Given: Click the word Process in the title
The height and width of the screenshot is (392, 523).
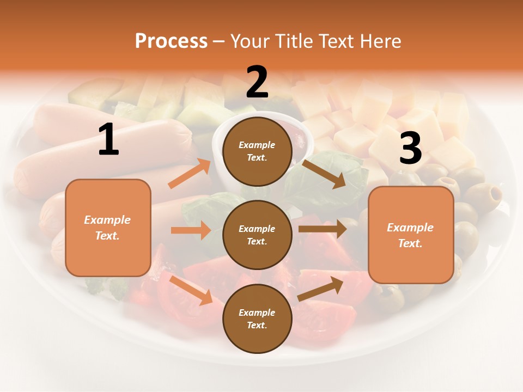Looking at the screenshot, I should pyautogui.click(x=171, y=41).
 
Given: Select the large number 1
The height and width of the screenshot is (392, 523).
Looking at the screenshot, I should pyautogui.click(x=108, y=140).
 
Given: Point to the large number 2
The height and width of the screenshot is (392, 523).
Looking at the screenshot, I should pyautogui.click(x=257, y=82).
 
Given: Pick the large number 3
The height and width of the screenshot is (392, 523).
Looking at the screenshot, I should pyautogui.click(x=410, y=148).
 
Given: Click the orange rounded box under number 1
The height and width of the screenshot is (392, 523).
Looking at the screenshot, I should pyautogui.click(x=108, y=228).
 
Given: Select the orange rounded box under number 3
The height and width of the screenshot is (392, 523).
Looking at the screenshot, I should pyautogui.click(x=411, y=235).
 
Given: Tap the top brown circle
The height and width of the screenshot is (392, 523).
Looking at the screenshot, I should pyautogui.click(x=257, y=151).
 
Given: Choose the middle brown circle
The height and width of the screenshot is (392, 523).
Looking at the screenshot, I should pyautogui.click(x=257, y=235).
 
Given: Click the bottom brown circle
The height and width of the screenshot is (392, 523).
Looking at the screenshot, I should pyautogui.click(x=257, y=318).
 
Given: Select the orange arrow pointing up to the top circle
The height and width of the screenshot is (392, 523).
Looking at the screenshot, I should pyautogui.click(x=190, y=174).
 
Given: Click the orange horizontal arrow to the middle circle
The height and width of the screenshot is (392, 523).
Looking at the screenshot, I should pyautogui.click(x=191, y=230).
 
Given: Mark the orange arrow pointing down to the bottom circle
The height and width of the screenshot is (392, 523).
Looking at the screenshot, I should pyautogui.click(x=191, y=290).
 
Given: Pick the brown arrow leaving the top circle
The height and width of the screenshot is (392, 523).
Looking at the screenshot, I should pyautogui.click(x=324, y=174).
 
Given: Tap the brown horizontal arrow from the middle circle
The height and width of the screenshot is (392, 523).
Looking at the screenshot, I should pyautogui.click(x=323, y=229).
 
